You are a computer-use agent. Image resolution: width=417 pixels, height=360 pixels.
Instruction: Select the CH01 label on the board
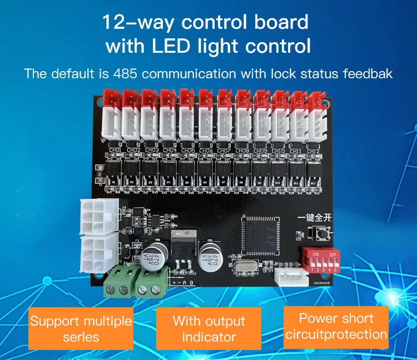pos(116,150)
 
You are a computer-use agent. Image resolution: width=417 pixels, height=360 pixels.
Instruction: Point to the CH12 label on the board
pos(313,151)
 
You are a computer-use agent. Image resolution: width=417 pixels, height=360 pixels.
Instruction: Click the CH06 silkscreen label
pos(206,150)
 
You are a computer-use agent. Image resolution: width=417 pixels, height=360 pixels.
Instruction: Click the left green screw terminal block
pos(117,283)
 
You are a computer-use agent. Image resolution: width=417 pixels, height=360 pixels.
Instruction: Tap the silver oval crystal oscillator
pos(244,269)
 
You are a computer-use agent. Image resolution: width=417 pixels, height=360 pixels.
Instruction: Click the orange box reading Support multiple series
pos(81,329)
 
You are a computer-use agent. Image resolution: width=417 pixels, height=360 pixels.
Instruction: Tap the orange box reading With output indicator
pos(209,329)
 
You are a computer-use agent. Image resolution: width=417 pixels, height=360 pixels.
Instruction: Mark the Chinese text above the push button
pos(315,217)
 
